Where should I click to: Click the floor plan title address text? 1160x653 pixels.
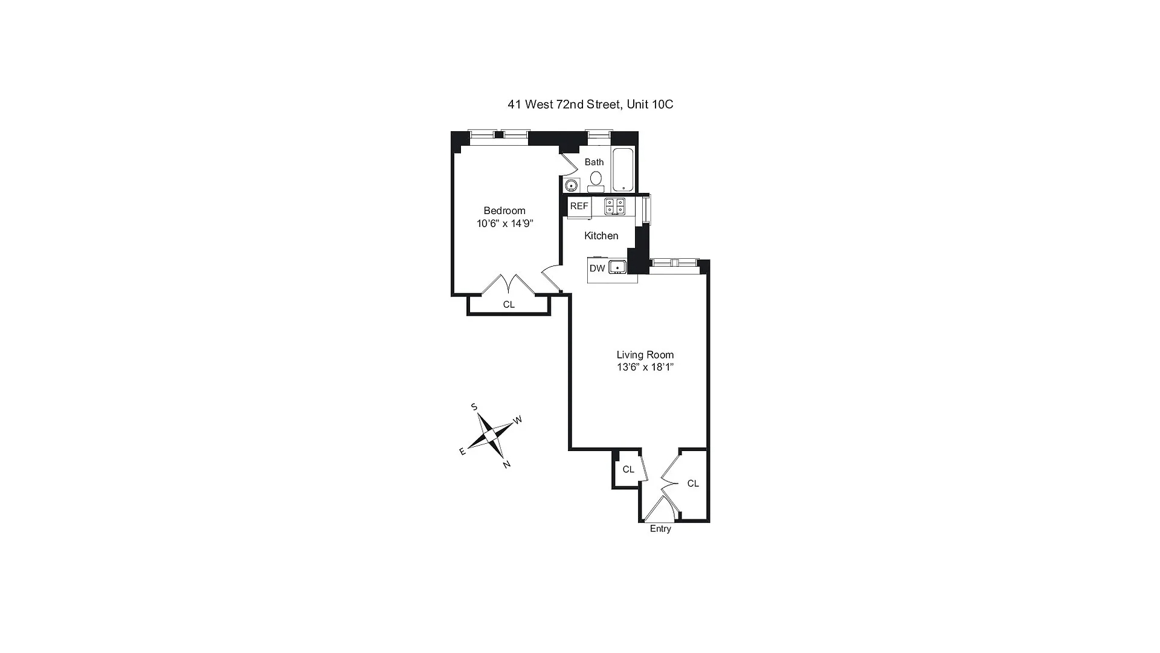point(590,105)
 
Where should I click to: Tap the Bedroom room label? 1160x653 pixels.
point(504,210)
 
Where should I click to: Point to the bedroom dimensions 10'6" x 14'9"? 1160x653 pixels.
point(504,224)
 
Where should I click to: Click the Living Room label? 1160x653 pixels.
point(645,355)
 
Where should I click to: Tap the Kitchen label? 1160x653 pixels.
point(601,236)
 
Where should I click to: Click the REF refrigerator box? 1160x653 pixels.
point(579,206)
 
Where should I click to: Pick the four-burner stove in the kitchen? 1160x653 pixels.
point(614,206)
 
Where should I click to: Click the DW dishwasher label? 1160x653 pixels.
point(597,268)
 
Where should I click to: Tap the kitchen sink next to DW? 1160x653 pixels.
point(617,267)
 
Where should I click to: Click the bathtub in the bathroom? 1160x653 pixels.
point(623,169)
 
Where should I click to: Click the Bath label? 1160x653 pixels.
point(594,162)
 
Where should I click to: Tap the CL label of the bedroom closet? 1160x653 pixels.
point(509,305)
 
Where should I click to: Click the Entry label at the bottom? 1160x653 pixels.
point(660,529)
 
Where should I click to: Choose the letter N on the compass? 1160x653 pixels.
point(507,464)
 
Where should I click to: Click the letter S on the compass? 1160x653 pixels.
point(474,407)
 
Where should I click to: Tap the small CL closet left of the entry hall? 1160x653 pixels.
point(628,469)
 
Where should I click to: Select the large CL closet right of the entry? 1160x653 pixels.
point(693,484)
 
